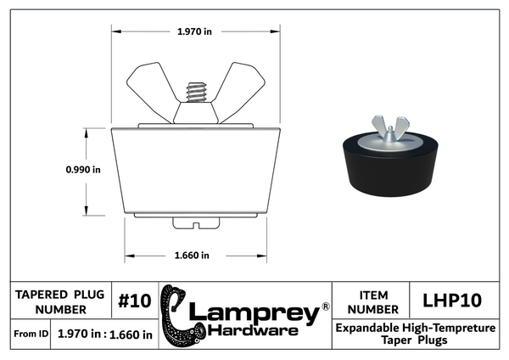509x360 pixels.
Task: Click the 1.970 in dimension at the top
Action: point(194,31)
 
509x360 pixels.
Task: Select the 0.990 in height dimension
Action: point(83,170)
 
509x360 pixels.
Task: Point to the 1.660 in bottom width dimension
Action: point(193,255)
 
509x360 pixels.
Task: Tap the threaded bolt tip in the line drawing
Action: point(196,89)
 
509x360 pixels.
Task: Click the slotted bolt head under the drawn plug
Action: point(195,223)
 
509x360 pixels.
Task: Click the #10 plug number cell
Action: point(134,301)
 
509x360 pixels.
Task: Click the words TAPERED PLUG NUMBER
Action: point(60,301)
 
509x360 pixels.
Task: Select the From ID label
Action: point(31,335)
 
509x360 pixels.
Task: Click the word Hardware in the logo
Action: point(252,329)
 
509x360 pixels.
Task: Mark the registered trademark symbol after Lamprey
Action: point(325,306)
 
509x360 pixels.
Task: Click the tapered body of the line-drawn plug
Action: point(195,170)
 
